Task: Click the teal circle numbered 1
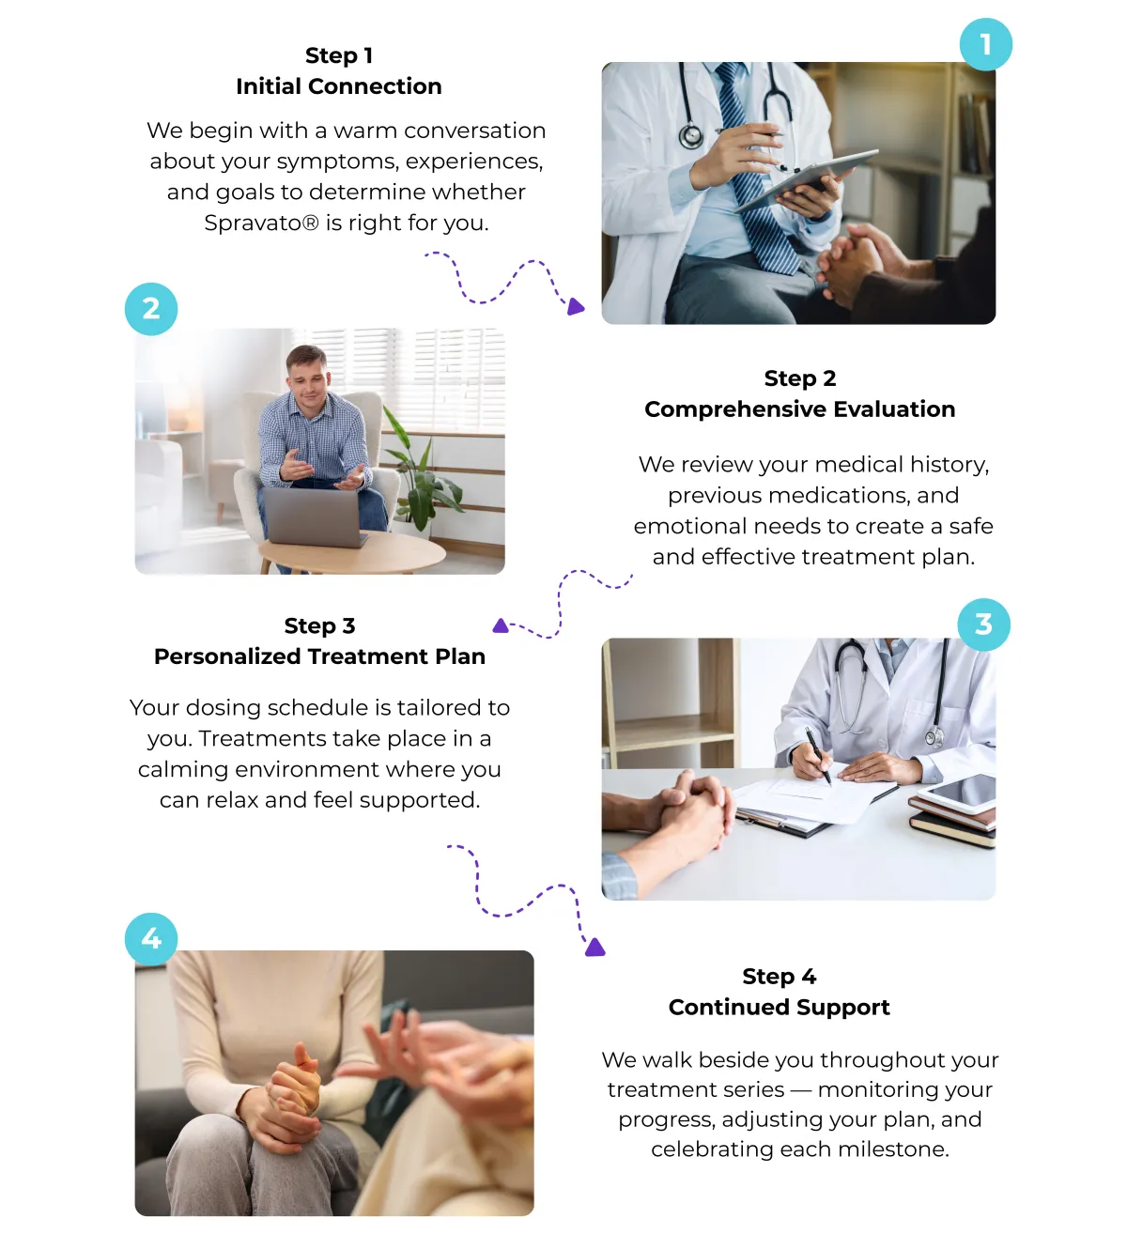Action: (x=985, y=44)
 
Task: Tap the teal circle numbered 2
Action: (x=150, y=309)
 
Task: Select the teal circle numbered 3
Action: (x=983, y=625)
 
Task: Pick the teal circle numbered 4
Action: (x=150, y=939)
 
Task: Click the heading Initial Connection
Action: (x=339, y=86)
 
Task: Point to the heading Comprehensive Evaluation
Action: (x=800, y=409)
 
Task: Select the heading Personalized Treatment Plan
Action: (x=319, y=656)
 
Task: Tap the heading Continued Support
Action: (x=779, y=1007)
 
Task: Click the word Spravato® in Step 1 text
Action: (x=261, y=223)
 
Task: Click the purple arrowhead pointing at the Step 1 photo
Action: (x=575, y=306)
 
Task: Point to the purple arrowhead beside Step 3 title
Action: (x=501, y=626)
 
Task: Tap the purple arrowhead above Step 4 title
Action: (x=594, y=948)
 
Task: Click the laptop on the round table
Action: (x=314, y=517)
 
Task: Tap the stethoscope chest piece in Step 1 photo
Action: (x=691, y=136)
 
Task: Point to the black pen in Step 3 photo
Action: (x=818, y=756)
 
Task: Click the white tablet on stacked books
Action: (x=957, y=792)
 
